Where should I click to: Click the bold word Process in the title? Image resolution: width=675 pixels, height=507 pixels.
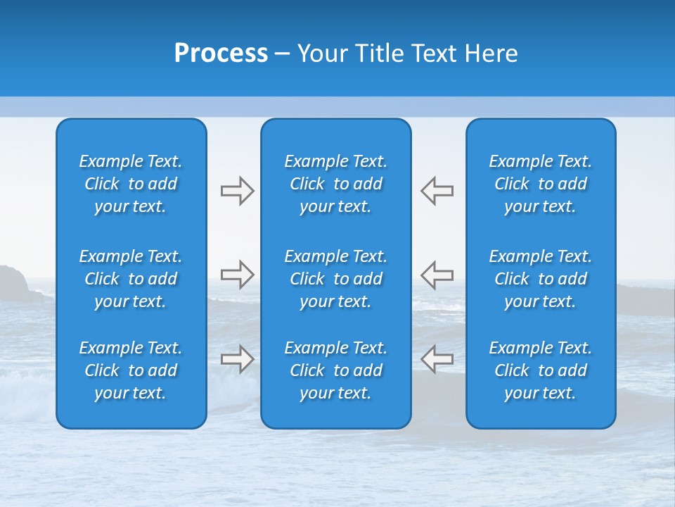click(x=221, y=54)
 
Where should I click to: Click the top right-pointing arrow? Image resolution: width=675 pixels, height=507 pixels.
click(x=237, y=190)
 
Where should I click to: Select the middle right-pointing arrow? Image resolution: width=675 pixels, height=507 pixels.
click(x=237, y=274)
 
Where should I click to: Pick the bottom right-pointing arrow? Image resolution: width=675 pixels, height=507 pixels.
click(x=237, y=359)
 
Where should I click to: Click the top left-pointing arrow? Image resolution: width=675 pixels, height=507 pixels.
click(x=437, y=190)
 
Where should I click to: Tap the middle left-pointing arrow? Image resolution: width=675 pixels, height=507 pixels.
click(x=437, y=274)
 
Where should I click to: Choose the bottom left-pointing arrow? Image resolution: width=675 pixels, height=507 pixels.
click(x=437, y=359)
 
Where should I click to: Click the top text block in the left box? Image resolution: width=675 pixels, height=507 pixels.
click(x=131, y=184)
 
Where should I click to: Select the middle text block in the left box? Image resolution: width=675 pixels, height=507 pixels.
click(x=131, y=279)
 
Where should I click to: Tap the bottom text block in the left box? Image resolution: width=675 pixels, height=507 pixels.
click(x=131, y=370)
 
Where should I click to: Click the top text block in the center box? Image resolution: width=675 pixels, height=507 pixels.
click(x=336, y=184)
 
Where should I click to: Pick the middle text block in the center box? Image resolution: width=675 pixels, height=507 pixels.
click(x=336, y=279)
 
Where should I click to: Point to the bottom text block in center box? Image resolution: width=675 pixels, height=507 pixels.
click(x=336, y=370)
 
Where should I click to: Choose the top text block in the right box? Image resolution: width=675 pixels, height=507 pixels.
click(x=541, y=184)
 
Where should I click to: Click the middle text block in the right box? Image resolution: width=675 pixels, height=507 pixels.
click(x=541, y=279)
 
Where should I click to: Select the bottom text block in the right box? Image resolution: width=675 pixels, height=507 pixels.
click(x=541, y=370)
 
